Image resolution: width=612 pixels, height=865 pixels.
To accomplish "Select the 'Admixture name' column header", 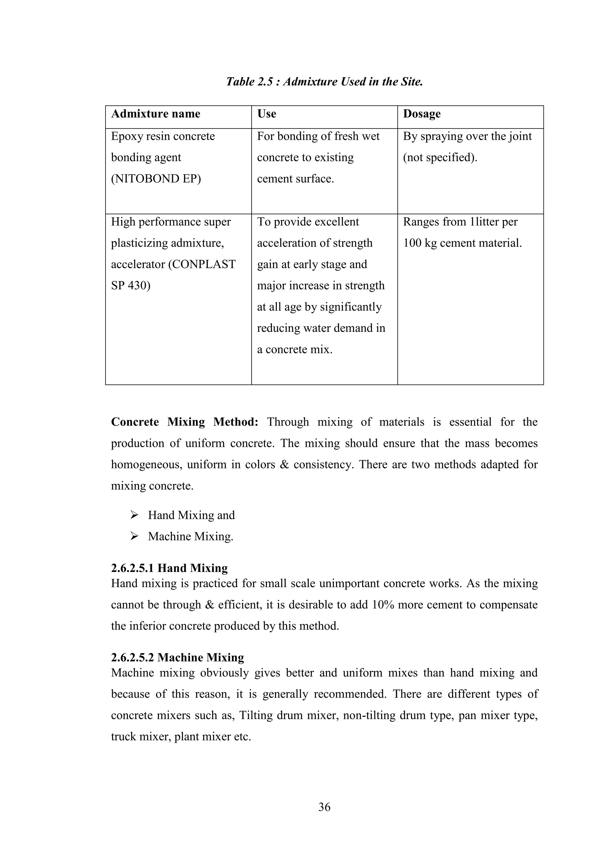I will (156, 114).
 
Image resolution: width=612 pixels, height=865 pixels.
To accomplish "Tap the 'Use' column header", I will (267, 114).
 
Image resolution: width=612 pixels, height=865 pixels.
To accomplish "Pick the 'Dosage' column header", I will (421, 114).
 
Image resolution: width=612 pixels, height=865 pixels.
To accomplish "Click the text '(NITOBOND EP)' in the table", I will (156, 179).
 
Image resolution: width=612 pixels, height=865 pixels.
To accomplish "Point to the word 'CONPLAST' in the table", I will (202, 264).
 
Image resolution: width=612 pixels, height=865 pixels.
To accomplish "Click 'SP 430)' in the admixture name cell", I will (130, 286).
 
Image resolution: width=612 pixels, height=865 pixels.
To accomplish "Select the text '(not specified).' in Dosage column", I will (440, 157).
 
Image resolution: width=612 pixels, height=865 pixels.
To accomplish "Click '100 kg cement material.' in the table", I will (462, 243).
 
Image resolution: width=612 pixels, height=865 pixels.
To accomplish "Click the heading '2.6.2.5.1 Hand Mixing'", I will (169, 568).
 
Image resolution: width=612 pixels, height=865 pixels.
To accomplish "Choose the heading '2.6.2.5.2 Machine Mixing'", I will (177, 657).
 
